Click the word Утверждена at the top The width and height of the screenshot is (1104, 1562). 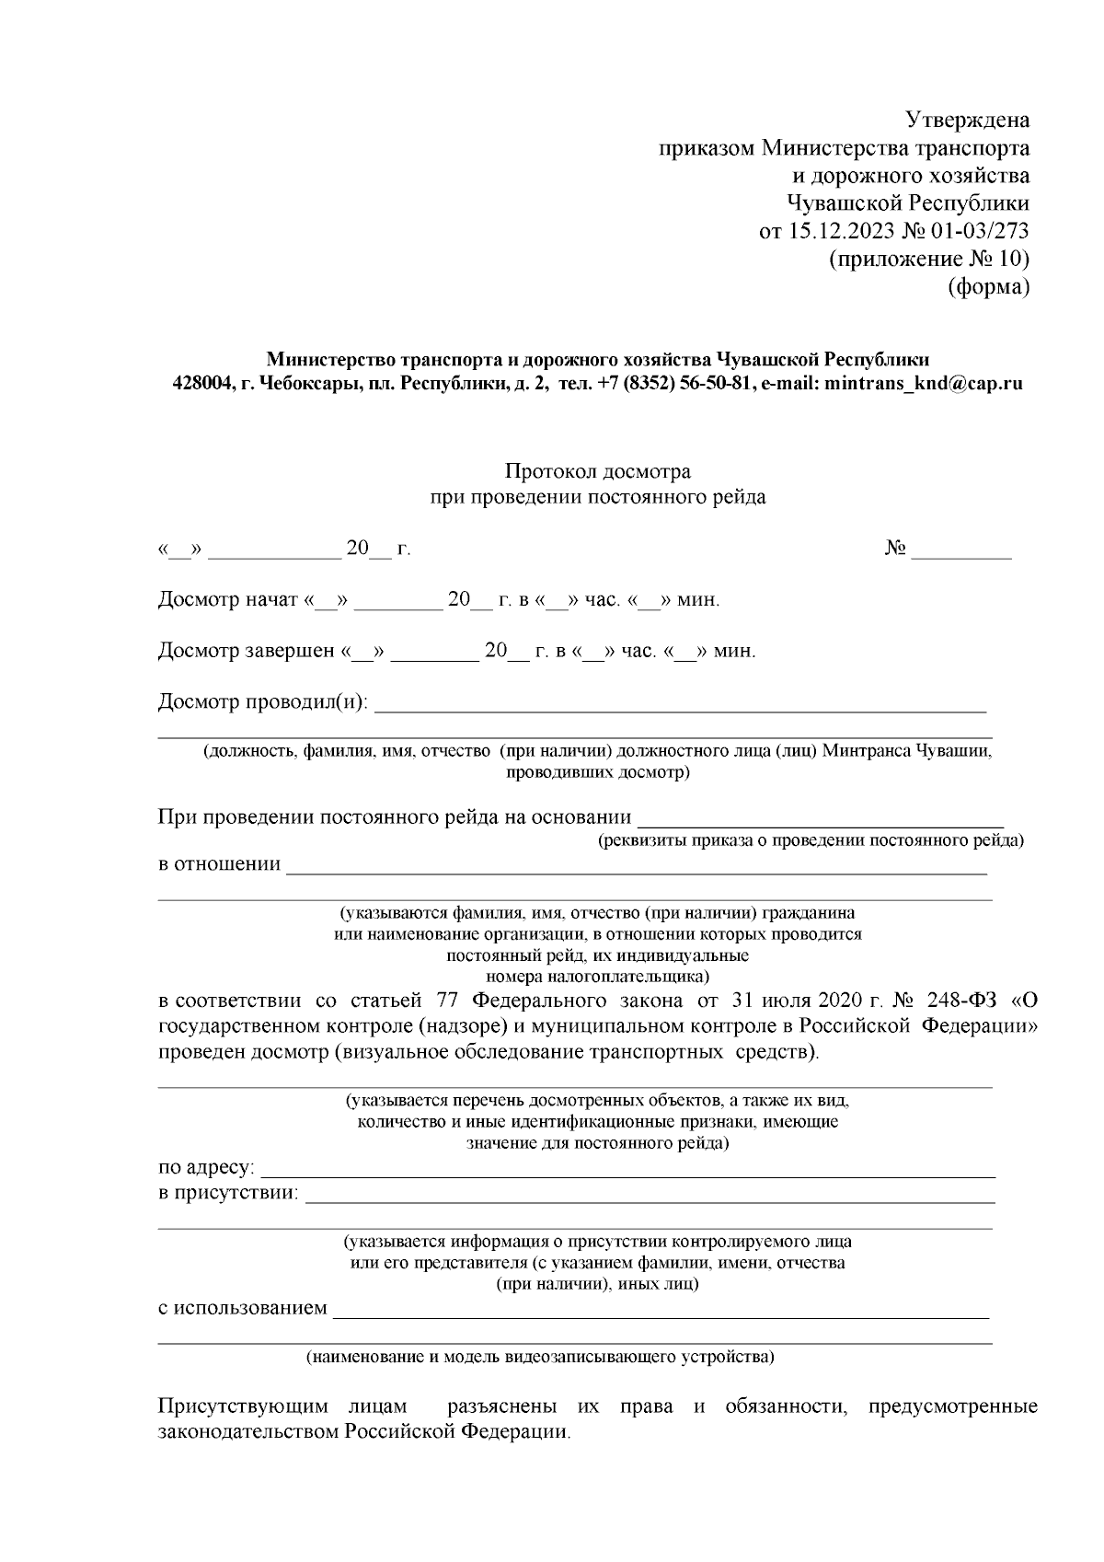(x=967, y=121)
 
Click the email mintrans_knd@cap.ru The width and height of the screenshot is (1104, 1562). (x=924, y=384)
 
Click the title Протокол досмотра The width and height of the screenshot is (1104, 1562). (x=597, y=472)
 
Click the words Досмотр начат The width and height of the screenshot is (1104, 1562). (x=228, y=601)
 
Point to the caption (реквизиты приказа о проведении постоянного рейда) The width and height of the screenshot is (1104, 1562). (x=811, y=840)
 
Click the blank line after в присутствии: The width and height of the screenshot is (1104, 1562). (x=649, y=1194)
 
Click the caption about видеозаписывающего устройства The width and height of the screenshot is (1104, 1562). (x=540, y=1357)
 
